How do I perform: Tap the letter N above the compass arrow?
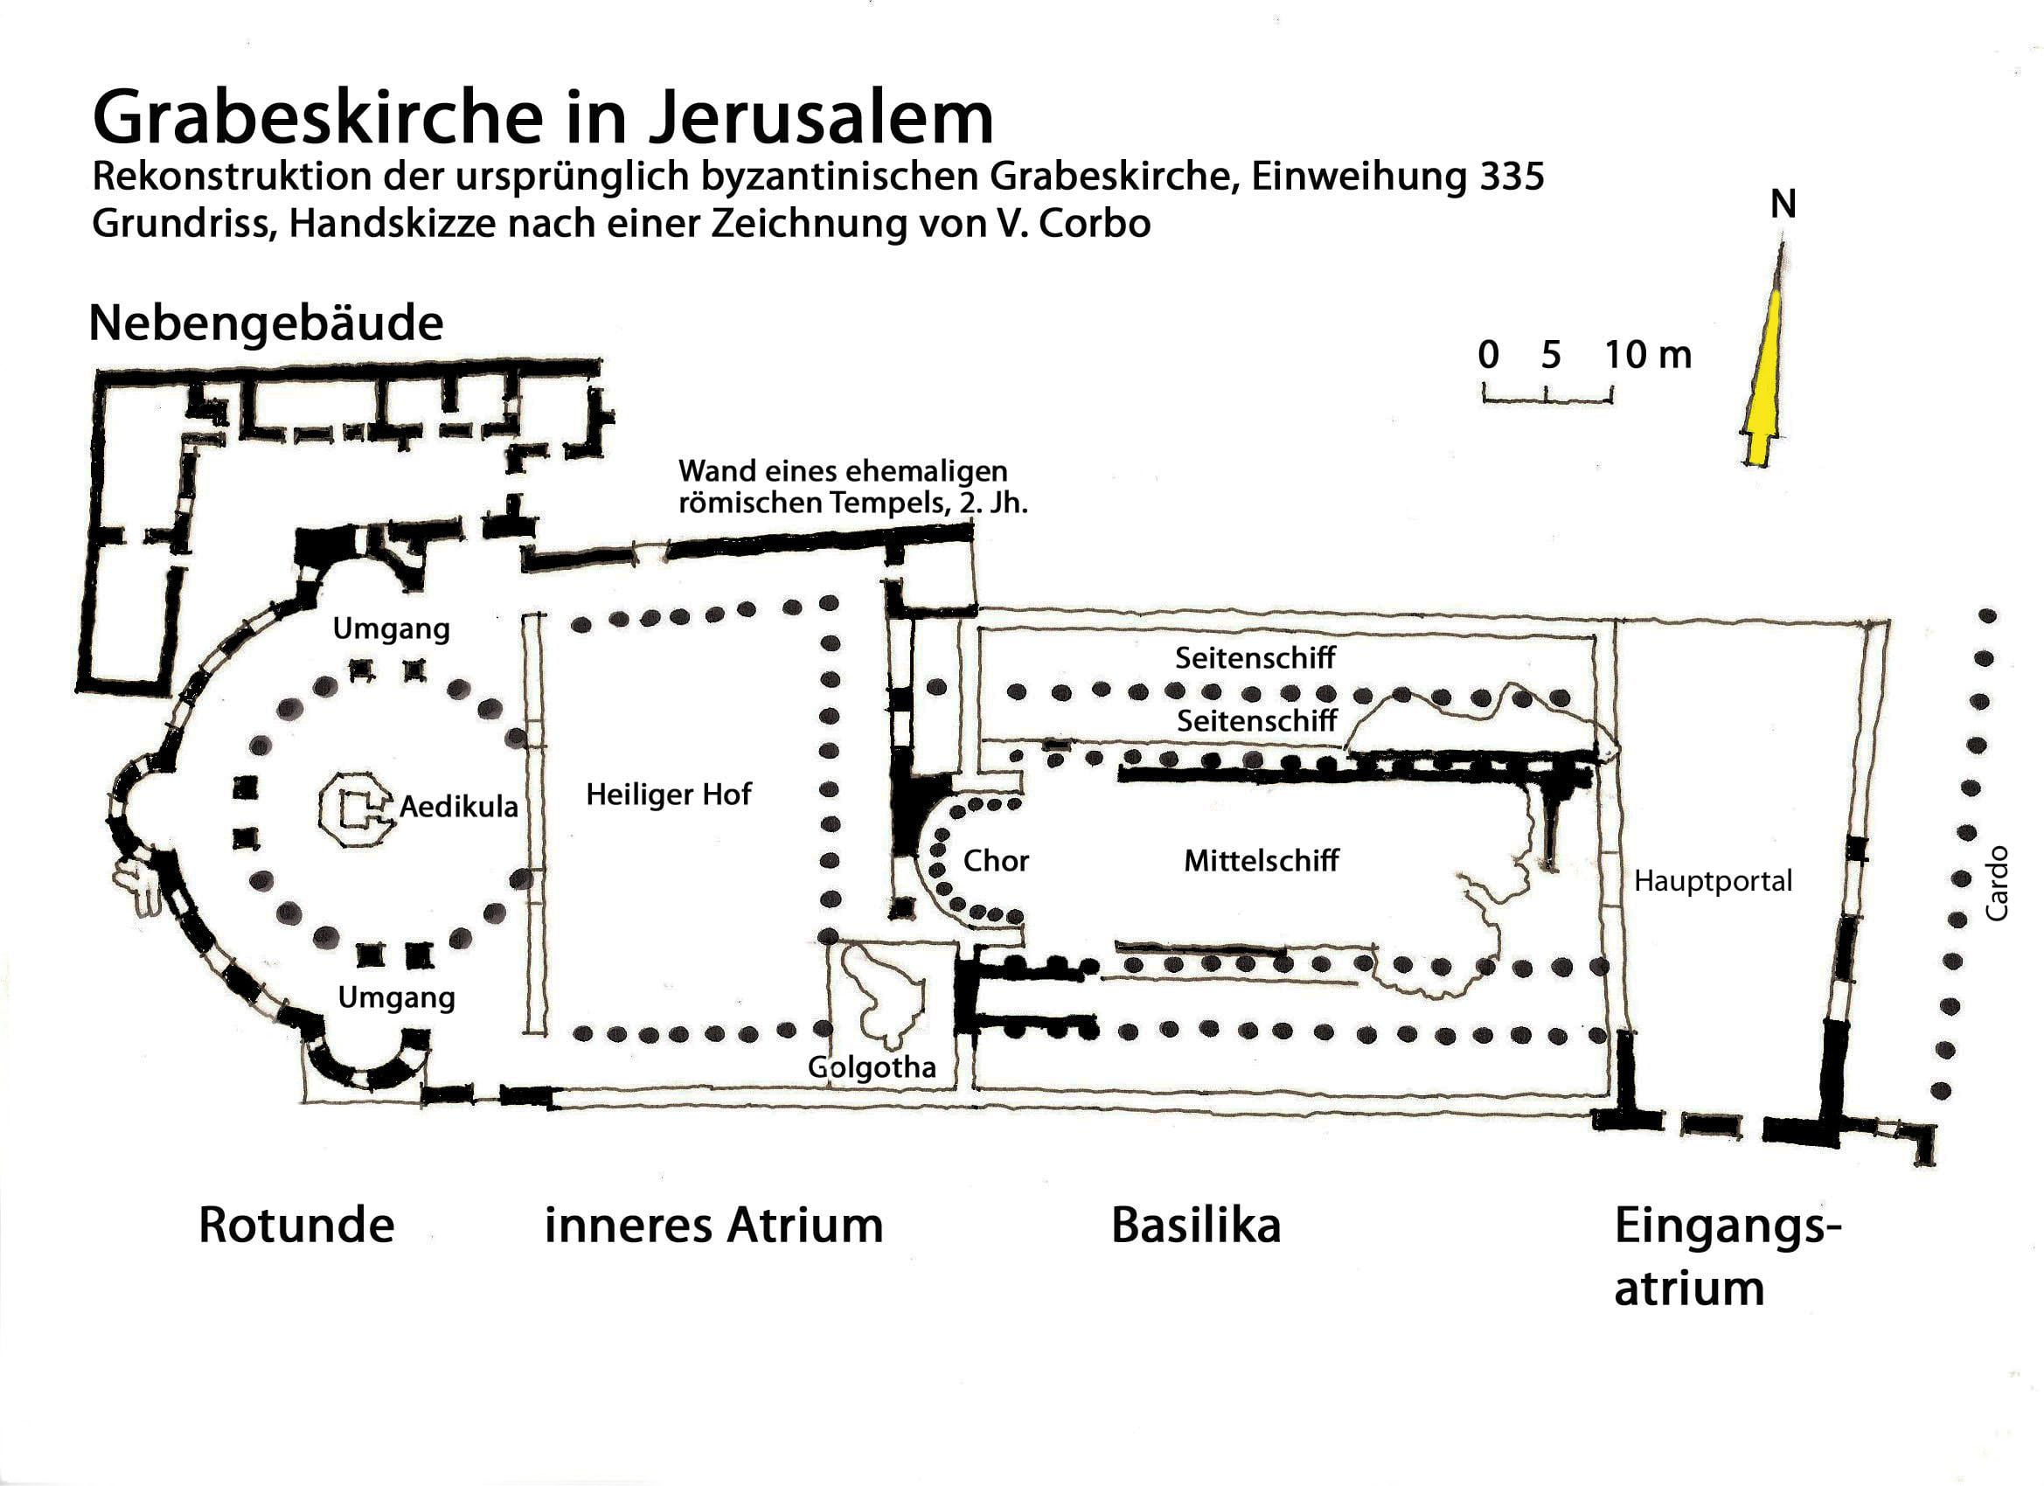(x=1783, y=206)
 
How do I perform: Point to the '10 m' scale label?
(x=1648, y=355)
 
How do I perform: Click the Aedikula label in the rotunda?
(x=459, y=807)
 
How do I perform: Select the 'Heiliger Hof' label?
(x=669, y=794)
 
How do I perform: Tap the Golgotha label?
(x=872, y=1068)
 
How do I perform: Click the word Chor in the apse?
(x=996, y=861)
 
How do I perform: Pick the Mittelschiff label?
(x=1261, y=861)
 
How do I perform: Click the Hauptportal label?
(x=1714, y=880)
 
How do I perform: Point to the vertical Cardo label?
(x=1998, y=882)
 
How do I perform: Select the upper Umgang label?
(x=391, y=629)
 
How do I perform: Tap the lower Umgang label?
(x=397, y=997)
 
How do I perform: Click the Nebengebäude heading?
(x=266, y=323)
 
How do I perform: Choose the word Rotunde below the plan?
(x=296, y=1226)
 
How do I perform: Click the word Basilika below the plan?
(x=1196, y=1226)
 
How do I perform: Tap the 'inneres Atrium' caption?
(x=713, y=1226)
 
